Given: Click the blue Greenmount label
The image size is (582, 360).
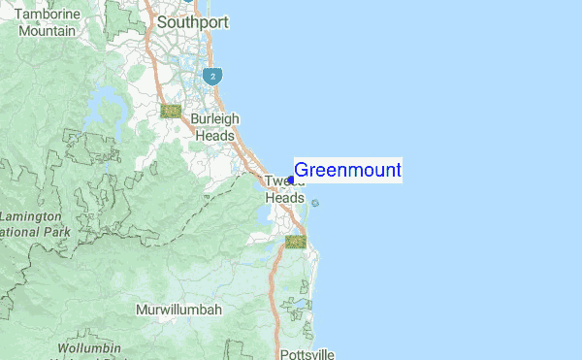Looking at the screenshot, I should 347,172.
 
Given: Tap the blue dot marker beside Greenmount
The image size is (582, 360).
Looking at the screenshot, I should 291,180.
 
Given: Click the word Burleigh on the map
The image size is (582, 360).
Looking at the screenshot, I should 214,119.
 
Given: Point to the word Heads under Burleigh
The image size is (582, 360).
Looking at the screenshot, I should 214,136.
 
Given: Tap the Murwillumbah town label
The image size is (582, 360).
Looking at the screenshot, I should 178,310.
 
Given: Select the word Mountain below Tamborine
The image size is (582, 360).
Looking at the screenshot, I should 47,31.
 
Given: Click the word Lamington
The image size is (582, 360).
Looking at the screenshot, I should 31,216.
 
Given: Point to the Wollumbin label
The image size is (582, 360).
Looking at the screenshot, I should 88,347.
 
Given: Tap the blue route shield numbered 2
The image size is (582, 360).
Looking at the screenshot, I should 211,75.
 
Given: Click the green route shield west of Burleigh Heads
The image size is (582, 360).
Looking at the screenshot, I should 173,112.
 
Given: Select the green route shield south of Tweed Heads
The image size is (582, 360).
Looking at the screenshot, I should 296,242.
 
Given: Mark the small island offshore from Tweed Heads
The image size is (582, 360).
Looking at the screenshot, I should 315,204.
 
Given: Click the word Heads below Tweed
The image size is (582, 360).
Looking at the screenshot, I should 285,196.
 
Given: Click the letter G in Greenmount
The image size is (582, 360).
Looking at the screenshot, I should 301,172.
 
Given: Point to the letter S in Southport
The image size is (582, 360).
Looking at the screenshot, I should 162,20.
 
